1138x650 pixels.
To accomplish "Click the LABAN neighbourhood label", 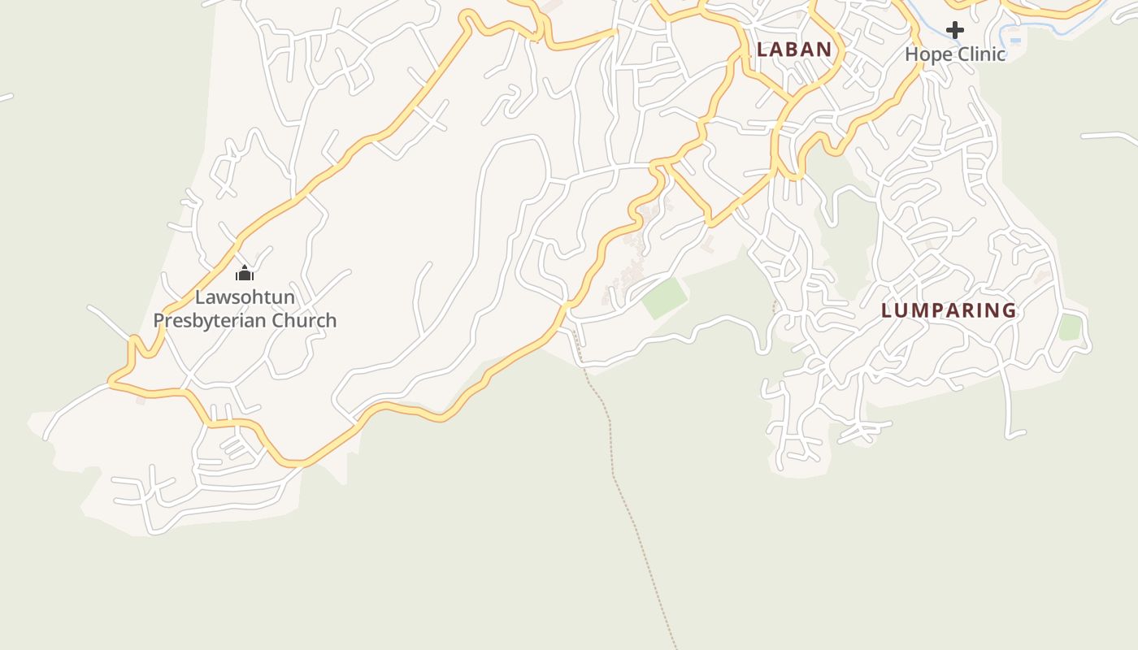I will tap(794, 50).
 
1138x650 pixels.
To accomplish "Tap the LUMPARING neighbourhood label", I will tap(949, 310).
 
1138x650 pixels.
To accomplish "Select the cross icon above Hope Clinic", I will tap(955, 31).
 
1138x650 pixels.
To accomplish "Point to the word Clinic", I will tap(980, 54).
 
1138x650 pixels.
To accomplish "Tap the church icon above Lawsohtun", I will tap(245, 273).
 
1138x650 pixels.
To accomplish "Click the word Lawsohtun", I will tap(245, 297).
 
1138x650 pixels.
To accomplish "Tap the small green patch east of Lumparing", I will tap(1070, 327).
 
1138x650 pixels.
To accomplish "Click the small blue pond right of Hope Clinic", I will tap(1015, 39).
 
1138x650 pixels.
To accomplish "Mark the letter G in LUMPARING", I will tap(1009, 310).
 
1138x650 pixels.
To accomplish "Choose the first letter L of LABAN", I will tap(762, 50).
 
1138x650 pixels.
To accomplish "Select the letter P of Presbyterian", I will tap(159, 320).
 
